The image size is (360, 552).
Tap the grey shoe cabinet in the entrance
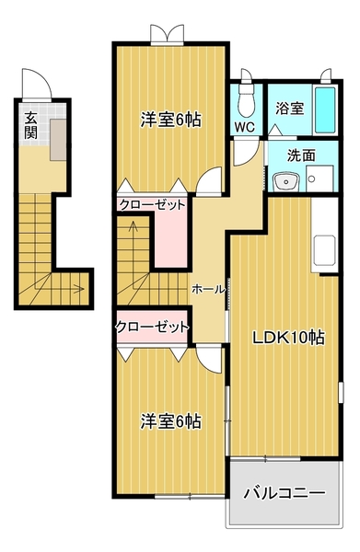click(58, 136)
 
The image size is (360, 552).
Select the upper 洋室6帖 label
click(171, 121)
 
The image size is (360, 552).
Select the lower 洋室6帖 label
click(171, 421)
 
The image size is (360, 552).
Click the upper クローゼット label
click(152, 204)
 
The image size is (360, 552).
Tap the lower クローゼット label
click(152, 326)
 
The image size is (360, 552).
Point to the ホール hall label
click(207, 289)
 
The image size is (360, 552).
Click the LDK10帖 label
click(289, 337)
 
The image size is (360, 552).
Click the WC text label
click(245, 127)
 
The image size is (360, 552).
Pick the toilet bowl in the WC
click(245, 96)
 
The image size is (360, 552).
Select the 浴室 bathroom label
click(290, 108)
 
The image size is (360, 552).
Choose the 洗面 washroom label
click(301, 155)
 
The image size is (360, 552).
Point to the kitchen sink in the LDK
click(325, 248)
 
